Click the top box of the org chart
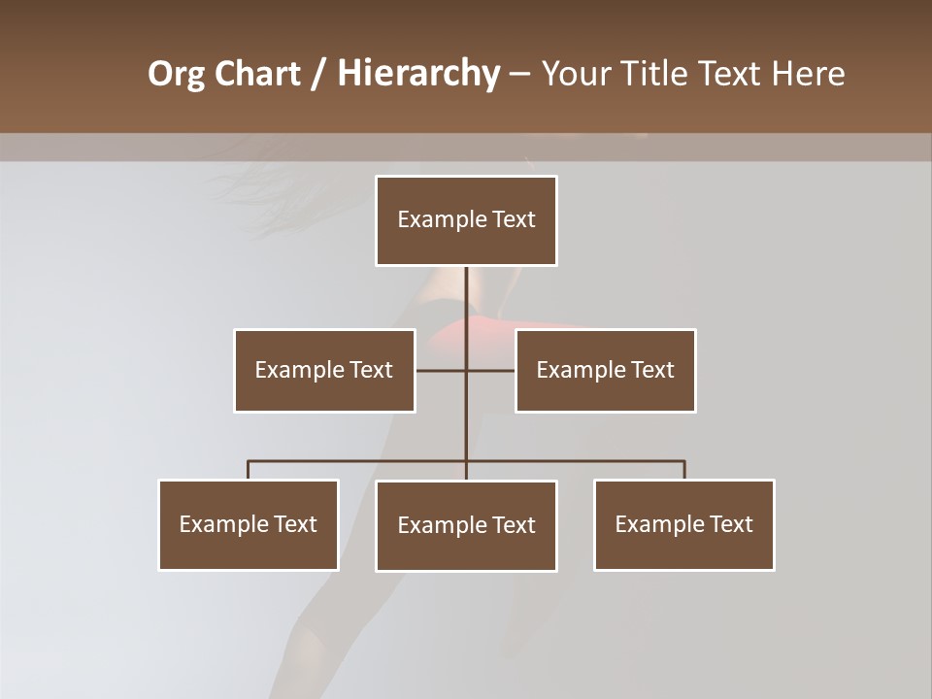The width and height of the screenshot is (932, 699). [466, 220]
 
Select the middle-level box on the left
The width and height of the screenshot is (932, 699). [324, 370]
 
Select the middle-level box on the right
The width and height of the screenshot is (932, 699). [606, 370]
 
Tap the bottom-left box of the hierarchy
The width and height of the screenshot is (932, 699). [249, 524]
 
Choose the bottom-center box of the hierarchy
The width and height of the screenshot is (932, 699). [466, 525]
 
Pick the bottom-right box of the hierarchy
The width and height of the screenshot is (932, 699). [684, 524]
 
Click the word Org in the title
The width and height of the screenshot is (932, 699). [175, 74]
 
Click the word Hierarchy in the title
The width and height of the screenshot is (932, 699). [418, 74]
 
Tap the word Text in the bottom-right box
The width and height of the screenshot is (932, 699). [731, 524]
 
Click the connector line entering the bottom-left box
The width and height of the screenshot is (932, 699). [249, 470]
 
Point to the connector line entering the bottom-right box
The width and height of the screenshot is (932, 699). [684, 470]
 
